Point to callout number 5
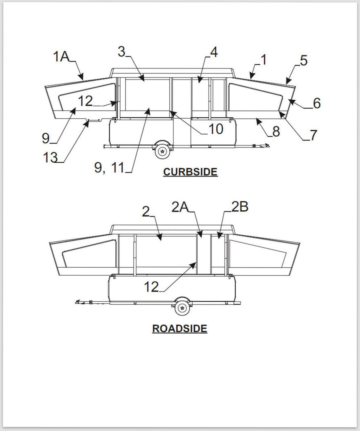[x=304, y=61]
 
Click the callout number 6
[x=317, y=103]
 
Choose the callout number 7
[x=313, y=135]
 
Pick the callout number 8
[x=276, y=131]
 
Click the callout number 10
[x=216, y=129]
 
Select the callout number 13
[x=50, y=157]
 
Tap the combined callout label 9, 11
[x=109, y=167]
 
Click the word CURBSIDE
[x=190, y=172]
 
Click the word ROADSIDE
[x=180, y=328]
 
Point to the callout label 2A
[x=180, y=207]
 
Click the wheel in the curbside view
[x=162, y=152]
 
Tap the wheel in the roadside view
[x=182, y=308]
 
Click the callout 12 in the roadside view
[x=151, y=287]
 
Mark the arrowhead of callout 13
[x=87, y=124]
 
